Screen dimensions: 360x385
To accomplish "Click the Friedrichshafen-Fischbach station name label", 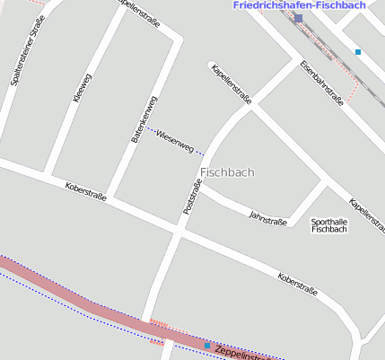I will click(x=299, y=5).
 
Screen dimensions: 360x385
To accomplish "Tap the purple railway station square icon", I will click(x=298, y=18).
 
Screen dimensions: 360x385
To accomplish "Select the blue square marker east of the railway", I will click(x=358, y=52).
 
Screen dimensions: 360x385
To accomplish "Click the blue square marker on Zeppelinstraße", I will click(x=207, y=345).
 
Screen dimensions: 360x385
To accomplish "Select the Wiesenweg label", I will click(x=174, y=140).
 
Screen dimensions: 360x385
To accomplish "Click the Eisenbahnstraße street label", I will click(x=322, y=83).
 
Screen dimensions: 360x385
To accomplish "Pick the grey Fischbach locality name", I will click(x=228, y=171).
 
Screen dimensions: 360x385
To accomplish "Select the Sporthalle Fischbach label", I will click(x=328, y=225).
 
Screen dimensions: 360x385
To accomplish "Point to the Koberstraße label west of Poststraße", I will click(x=85, y=191).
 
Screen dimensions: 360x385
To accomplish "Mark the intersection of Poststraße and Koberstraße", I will click(x=177, y=230).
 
